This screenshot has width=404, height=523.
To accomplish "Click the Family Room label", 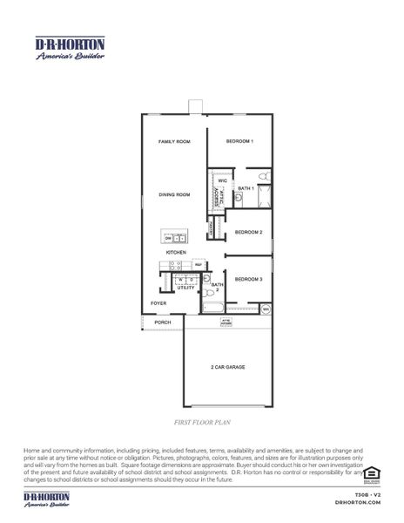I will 174,141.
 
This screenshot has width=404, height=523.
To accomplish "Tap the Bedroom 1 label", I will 239,141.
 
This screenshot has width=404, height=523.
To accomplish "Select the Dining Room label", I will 174,194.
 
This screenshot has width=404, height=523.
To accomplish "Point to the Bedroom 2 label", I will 248,232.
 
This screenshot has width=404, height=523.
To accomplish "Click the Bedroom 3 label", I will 248,279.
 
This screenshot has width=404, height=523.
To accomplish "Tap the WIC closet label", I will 222,180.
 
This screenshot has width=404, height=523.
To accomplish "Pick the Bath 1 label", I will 246,188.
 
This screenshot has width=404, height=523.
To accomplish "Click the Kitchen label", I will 177,253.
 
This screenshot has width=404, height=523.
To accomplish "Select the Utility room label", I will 186,287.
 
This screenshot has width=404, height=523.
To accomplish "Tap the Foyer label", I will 158,303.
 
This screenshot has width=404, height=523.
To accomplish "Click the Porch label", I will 163,323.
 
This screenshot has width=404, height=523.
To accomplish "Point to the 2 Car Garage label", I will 228,367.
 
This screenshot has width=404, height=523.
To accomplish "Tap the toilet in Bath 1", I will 238,200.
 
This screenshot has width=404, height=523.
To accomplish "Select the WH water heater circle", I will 266,309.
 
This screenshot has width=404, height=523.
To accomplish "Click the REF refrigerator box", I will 198,264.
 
